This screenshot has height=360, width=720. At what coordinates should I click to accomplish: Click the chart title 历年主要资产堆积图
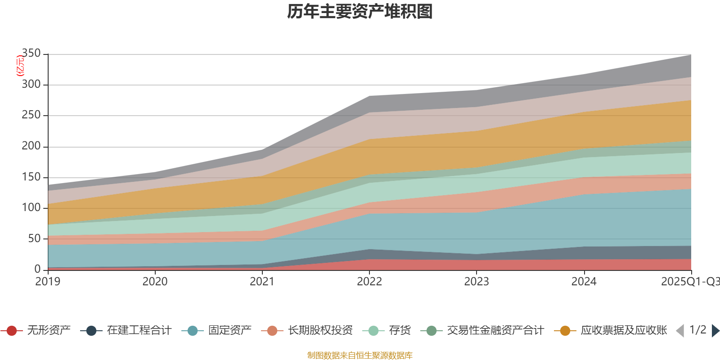click(x=360, y=12)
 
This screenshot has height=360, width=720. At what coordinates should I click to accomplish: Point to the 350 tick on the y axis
click(x=31, y=54)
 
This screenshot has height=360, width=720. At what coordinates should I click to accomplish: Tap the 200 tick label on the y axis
click(x=31, y=146)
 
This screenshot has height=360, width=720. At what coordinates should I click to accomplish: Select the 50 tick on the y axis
click(x=34, y=238)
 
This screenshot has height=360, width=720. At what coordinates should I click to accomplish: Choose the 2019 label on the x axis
click(x=48, y=282)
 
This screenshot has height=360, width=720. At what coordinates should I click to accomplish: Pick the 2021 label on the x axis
click(x=262, y=282)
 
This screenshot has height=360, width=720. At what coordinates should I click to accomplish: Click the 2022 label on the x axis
click(x=369, y=282)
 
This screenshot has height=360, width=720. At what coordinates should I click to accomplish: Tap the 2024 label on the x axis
click(x=584, y=282)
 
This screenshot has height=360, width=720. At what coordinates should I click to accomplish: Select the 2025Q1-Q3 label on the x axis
click(x=689, y=282)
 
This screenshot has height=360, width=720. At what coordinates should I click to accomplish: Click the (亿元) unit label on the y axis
click(x=20, y=66)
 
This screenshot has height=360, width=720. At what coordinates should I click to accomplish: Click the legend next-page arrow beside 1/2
click(x=715, y=331)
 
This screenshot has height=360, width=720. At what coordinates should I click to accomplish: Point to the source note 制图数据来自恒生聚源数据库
click(x=360, y=355)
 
